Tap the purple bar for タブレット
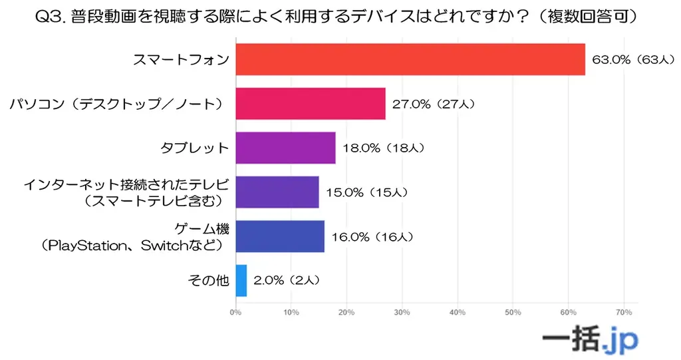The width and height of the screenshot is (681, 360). (x=285, y=148)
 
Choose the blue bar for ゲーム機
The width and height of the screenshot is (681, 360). (x=280, y=236)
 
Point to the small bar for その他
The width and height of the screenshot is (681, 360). (x=241, y=280)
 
